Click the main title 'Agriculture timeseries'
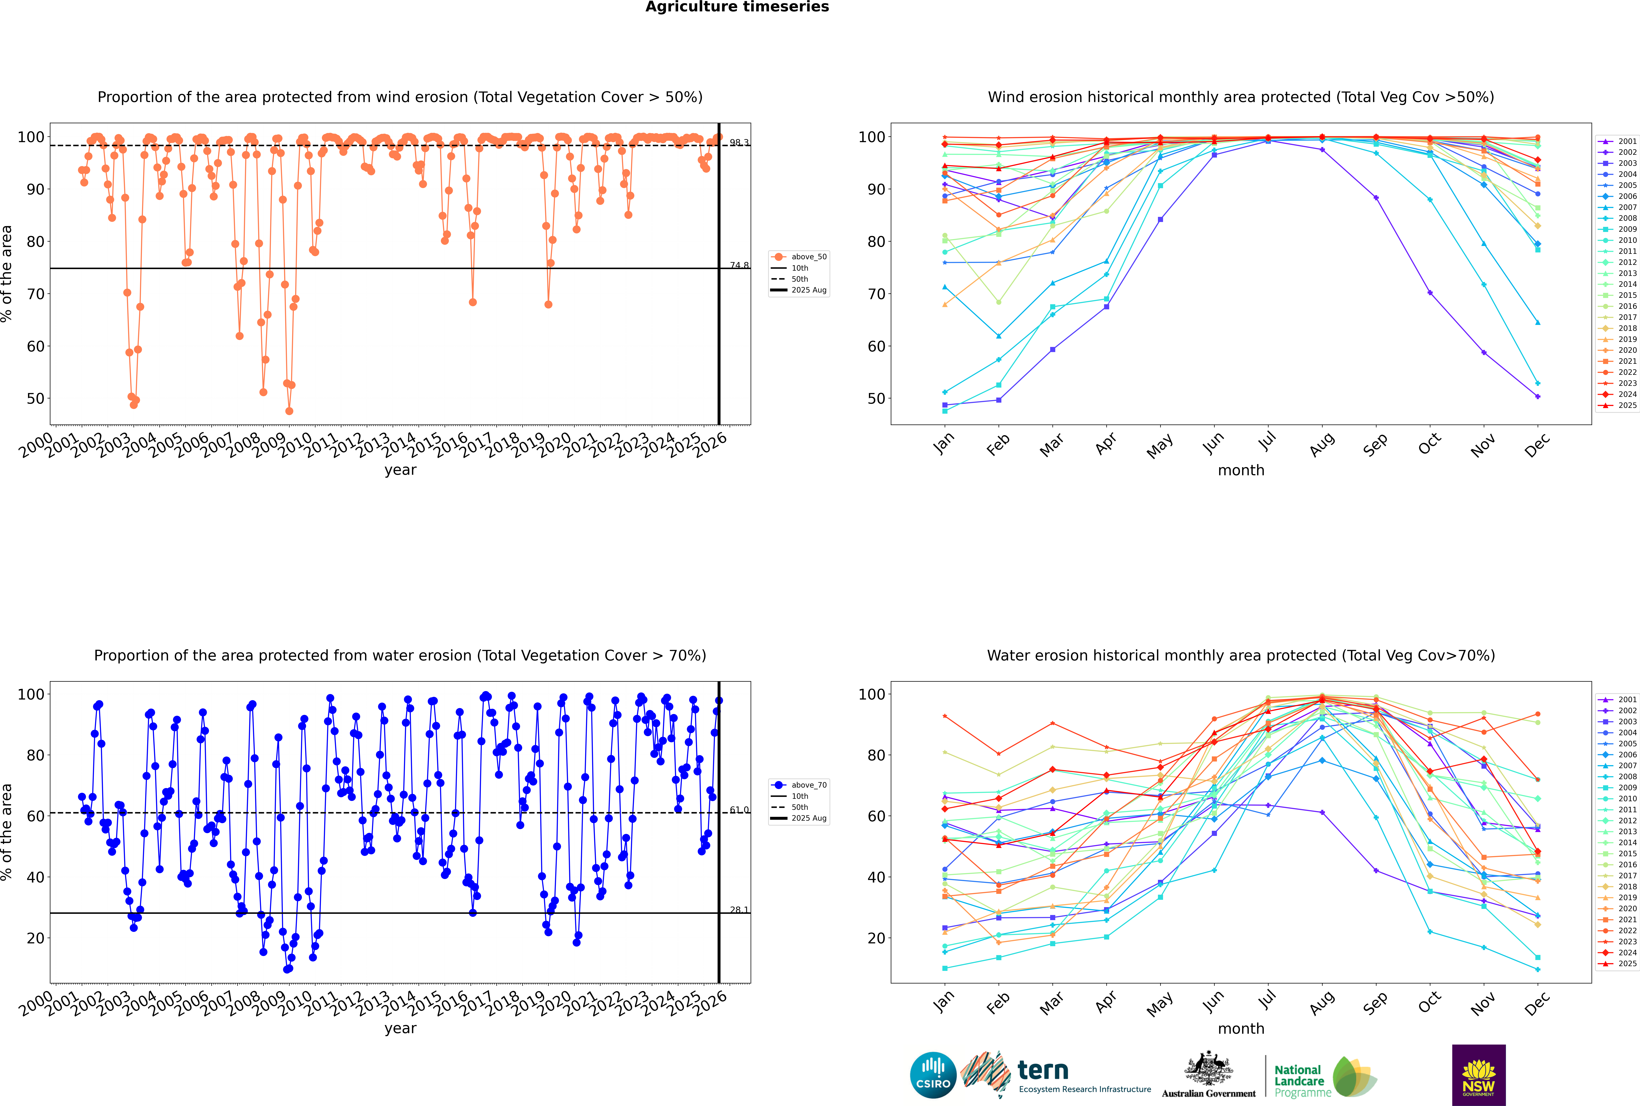(737, 7)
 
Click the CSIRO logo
(933, 1075)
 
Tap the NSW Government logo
(1479, 1074)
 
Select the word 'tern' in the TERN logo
(1043, 1071)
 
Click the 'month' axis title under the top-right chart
(1241, 471)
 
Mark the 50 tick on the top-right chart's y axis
(876, 399)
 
